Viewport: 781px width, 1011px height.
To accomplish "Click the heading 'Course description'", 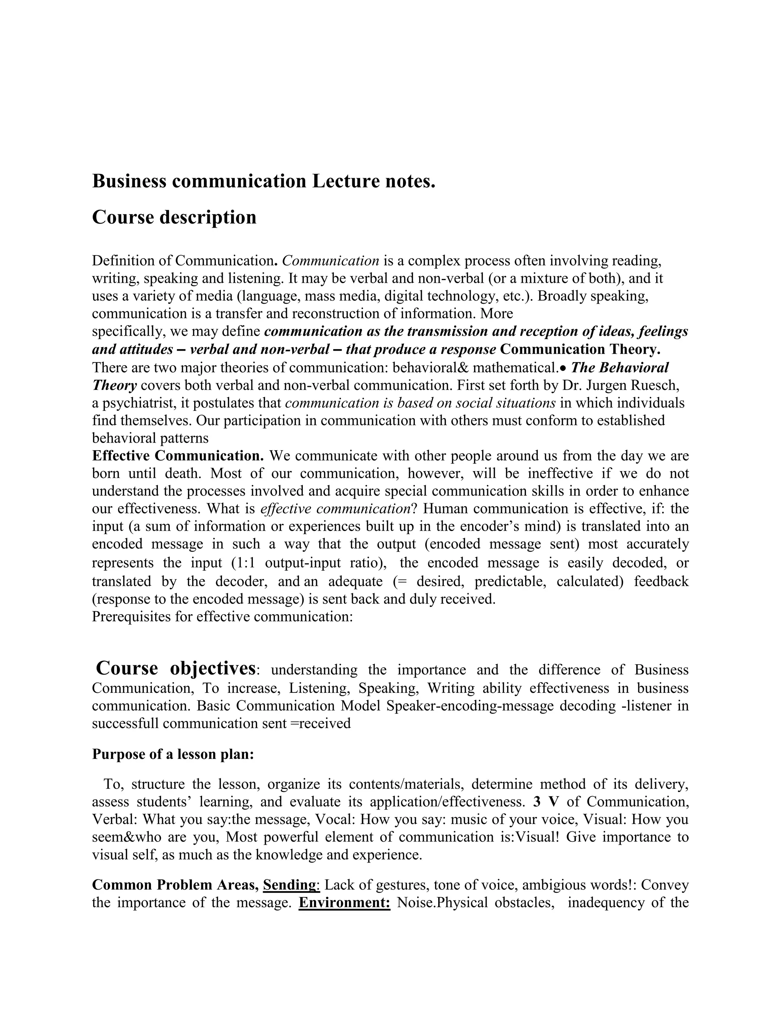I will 174,217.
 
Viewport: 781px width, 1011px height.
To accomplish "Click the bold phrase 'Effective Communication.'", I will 178,456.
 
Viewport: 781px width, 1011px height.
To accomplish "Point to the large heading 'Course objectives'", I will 175,668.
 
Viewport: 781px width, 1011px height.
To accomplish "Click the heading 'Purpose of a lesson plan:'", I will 173,754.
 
